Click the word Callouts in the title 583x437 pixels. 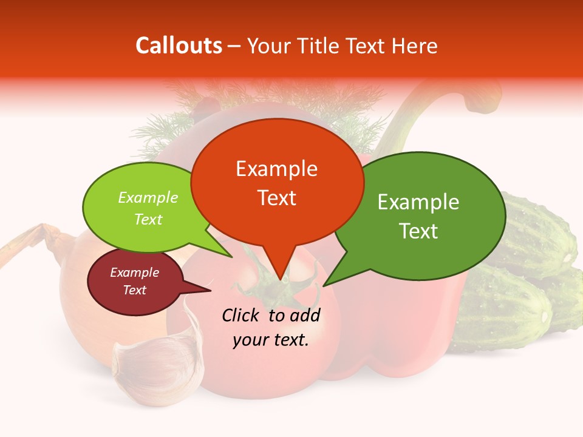click(x=179, y=46)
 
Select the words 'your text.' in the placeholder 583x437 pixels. click(x=271, y=339)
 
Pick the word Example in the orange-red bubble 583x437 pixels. click(x=277, y=169)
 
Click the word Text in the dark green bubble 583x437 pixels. click(x=419, y=231)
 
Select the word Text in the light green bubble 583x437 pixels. click(x=148, y=219)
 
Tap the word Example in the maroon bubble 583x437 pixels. click(x=134, y=273)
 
